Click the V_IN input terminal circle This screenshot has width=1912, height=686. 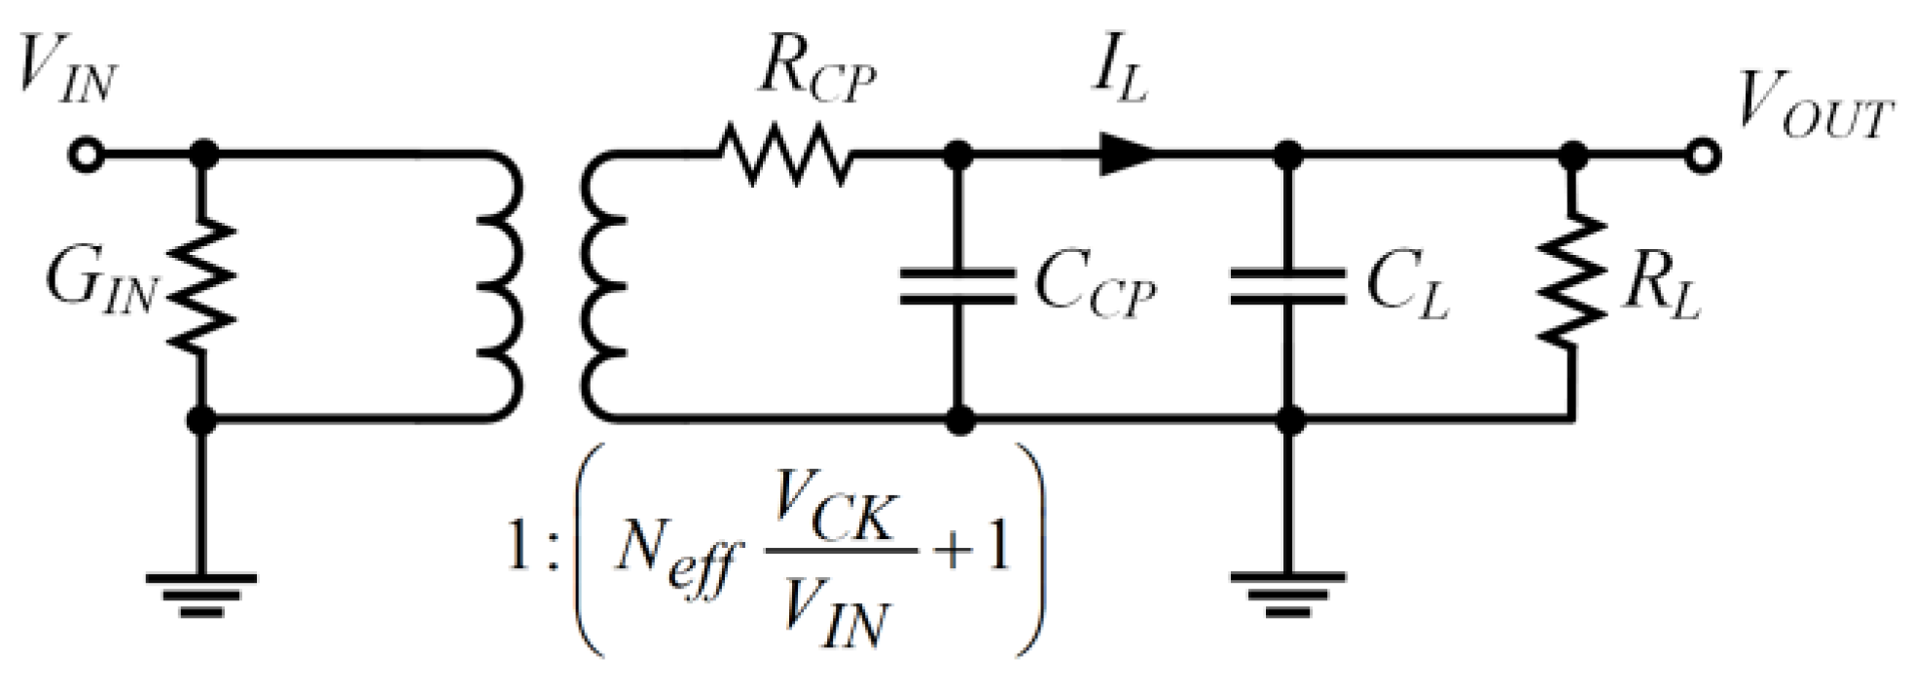click(86, 155)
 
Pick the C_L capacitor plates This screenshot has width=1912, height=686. click(1288, 287)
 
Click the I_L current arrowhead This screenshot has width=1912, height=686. click(1127, 155)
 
